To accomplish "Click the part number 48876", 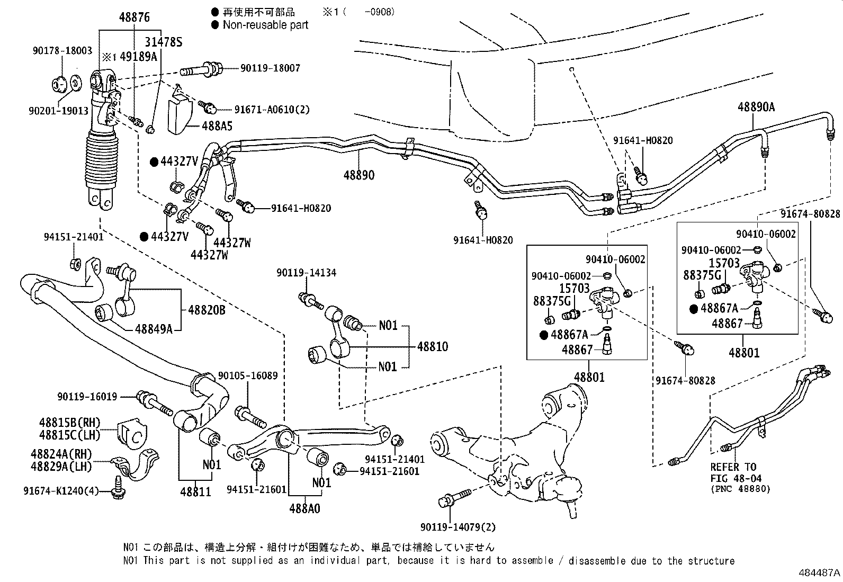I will click(x=134, y=17).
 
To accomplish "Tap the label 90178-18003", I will click(x=61, y=51).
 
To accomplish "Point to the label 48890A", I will click(x=756, y=107).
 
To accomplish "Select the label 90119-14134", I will click(x=306, y=273).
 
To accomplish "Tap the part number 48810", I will click(x=432, y=346).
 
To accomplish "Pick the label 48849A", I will click(x=154, y=329).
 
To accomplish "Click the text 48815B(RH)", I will click(x=69, y=423).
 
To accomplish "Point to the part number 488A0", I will click(x=304, y=509).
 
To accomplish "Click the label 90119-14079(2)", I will click(x=458, y=527).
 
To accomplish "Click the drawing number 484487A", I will click(x=819, y=573).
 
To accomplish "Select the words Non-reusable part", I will click(x=265, y=25).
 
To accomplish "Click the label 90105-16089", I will click(x=248, y=375).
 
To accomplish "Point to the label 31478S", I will click(x=164, y=42).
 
